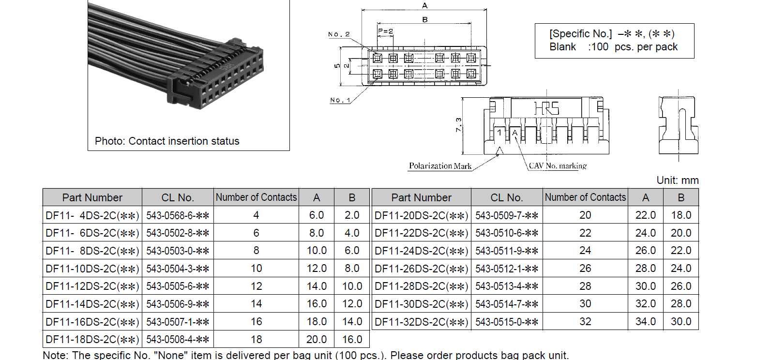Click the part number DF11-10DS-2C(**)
coord(92,269)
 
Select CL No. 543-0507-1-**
coord(178,322)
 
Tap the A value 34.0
coord(645,321)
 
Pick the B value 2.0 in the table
coord(352,215)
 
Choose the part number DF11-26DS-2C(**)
coord(421,269)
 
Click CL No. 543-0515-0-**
coord(507,322)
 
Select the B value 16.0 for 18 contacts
coord(352,339)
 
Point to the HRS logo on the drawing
coord(546,108)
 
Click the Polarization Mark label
coord(440,166)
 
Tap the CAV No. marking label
coord(558,166)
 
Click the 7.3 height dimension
coord(458,125)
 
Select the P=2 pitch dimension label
coord(385,31)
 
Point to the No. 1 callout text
coord(340,100)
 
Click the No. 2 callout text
coord(339,34)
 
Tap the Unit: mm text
coord(678,180)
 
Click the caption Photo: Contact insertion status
coord(167,141)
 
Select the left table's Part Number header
coord(92,197)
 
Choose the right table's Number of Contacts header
coord(585,197)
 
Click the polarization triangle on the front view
coord(500,150)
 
